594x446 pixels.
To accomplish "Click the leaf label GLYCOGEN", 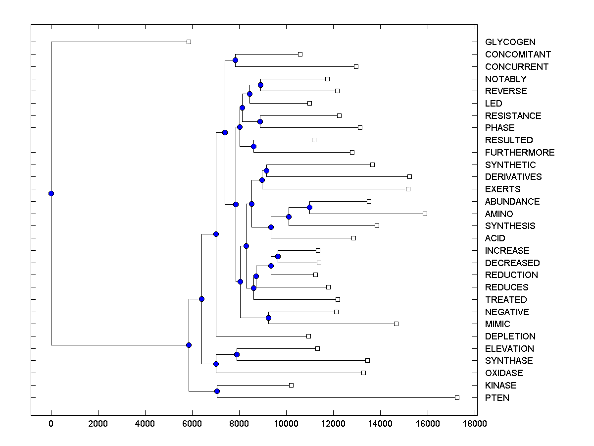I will (x=510, y=42).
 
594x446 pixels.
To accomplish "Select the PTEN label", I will (x=497, y=398).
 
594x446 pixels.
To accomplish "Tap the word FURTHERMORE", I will (x=520, y=153).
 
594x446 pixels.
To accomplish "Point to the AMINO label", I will (x=499, y=214).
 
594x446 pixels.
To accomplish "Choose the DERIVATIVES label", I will (x=513, y=177).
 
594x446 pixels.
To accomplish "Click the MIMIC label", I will (x=497, y=324).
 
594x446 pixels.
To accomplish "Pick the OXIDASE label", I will (x=504, y=373).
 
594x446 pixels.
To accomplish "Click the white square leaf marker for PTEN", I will (x=457, y=397).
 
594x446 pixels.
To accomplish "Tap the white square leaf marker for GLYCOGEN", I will (x=189, y=42).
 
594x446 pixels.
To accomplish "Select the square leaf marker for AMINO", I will (x=425, y=214).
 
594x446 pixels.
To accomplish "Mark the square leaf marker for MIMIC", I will (x=396, y=324).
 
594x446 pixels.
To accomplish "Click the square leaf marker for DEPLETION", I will (x=308, y=336).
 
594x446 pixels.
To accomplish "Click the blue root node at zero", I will (x=51, y=193).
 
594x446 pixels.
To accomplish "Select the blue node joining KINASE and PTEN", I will (x=217, y=391).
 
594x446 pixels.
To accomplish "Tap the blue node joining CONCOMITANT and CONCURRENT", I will (x=235, y=60).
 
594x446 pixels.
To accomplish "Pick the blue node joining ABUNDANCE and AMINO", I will (x=309, y=207).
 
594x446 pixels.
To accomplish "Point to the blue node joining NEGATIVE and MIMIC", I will (x=268, y=318).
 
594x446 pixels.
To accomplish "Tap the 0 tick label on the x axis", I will (x=51, y=423).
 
